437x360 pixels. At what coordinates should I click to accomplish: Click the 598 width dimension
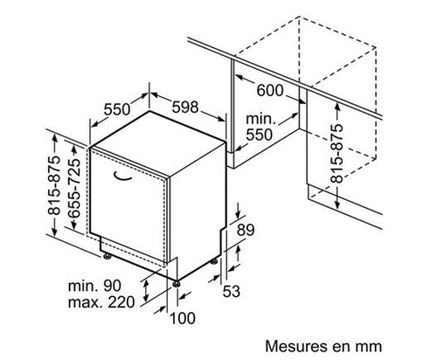[185, 107]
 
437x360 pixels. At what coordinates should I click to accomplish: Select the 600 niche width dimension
[270, 90]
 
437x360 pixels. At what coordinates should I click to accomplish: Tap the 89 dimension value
[246, 230]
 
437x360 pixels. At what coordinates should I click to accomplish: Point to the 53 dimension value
[232, 291]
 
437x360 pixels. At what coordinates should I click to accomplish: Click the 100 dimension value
[183, 318]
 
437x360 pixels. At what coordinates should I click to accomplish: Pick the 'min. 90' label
[94, 286]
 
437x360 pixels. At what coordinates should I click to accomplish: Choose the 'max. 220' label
[101, 302]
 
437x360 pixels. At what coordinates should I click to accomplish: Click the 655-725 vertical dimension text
[73, 188]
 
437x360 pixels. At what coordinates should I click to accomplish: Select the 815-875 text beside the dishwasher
[54, 185]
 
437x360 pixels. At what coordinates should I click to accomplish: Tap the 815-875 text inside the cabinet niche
[337, 153]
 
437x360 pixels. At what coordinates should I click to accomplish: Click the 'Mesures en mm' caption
[323, 346]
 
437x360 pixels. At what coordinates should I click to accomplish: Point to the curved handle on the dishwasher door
[122, 177]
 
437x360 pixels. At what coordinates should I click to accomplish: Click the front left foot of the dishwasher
[108, 256]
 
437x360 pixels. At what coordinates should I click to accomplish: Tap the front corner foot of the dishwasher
[176, 283]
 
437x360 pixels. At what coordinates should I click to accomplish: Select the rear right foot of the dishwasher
[214, 261]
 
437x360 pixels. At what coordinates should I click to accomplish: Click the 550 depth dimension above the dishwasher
[117, 109]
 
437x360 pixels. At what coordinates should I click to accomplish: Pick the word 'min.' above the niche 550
[260, 119]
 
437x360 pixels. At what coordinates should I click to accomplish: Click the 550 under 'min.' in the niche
[260, 135]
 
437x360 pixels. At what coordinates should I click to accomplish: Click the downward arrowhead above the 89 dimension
[239, 213]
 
